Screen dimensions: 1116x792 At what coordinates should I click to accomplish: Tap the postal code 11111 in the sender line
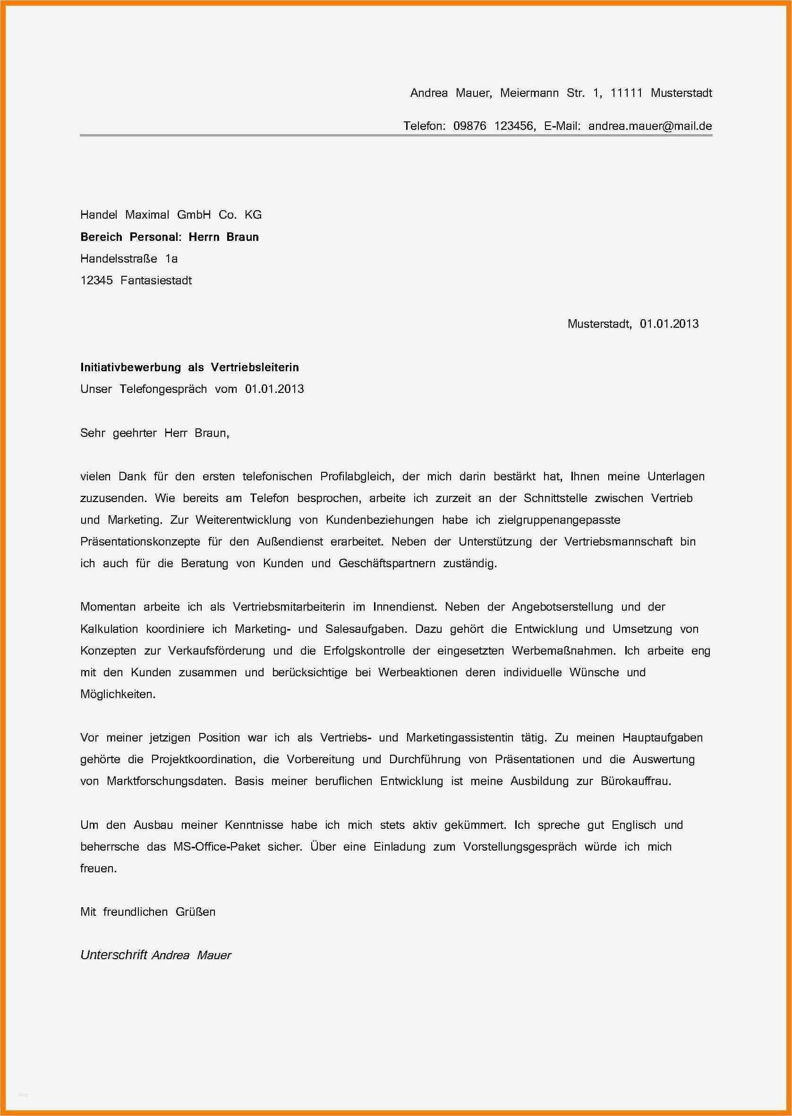[x=626, y=93]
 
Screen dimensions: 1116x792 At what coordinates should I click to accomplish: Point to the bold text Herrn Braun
[x=223, y=237]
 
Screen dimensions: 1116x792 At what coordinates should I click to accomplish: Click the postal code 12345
[x=96, y=281]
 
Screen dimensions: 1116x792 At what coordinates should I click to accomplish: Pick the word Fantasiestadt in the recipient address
[x=156, y=281]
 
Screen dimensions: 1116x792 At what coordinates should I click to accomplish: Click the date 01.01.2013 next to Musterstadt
[x=669, y=324]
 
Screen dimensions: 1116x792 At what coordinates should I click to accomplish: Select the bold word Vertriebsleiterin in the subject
[x=255, y=367]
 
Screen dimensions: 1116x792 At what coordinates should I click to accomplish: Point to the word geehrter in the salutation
[x=135, y=433]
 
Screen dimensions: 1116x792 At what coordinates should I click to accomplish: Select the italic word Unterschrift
[x=114, y=955]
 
